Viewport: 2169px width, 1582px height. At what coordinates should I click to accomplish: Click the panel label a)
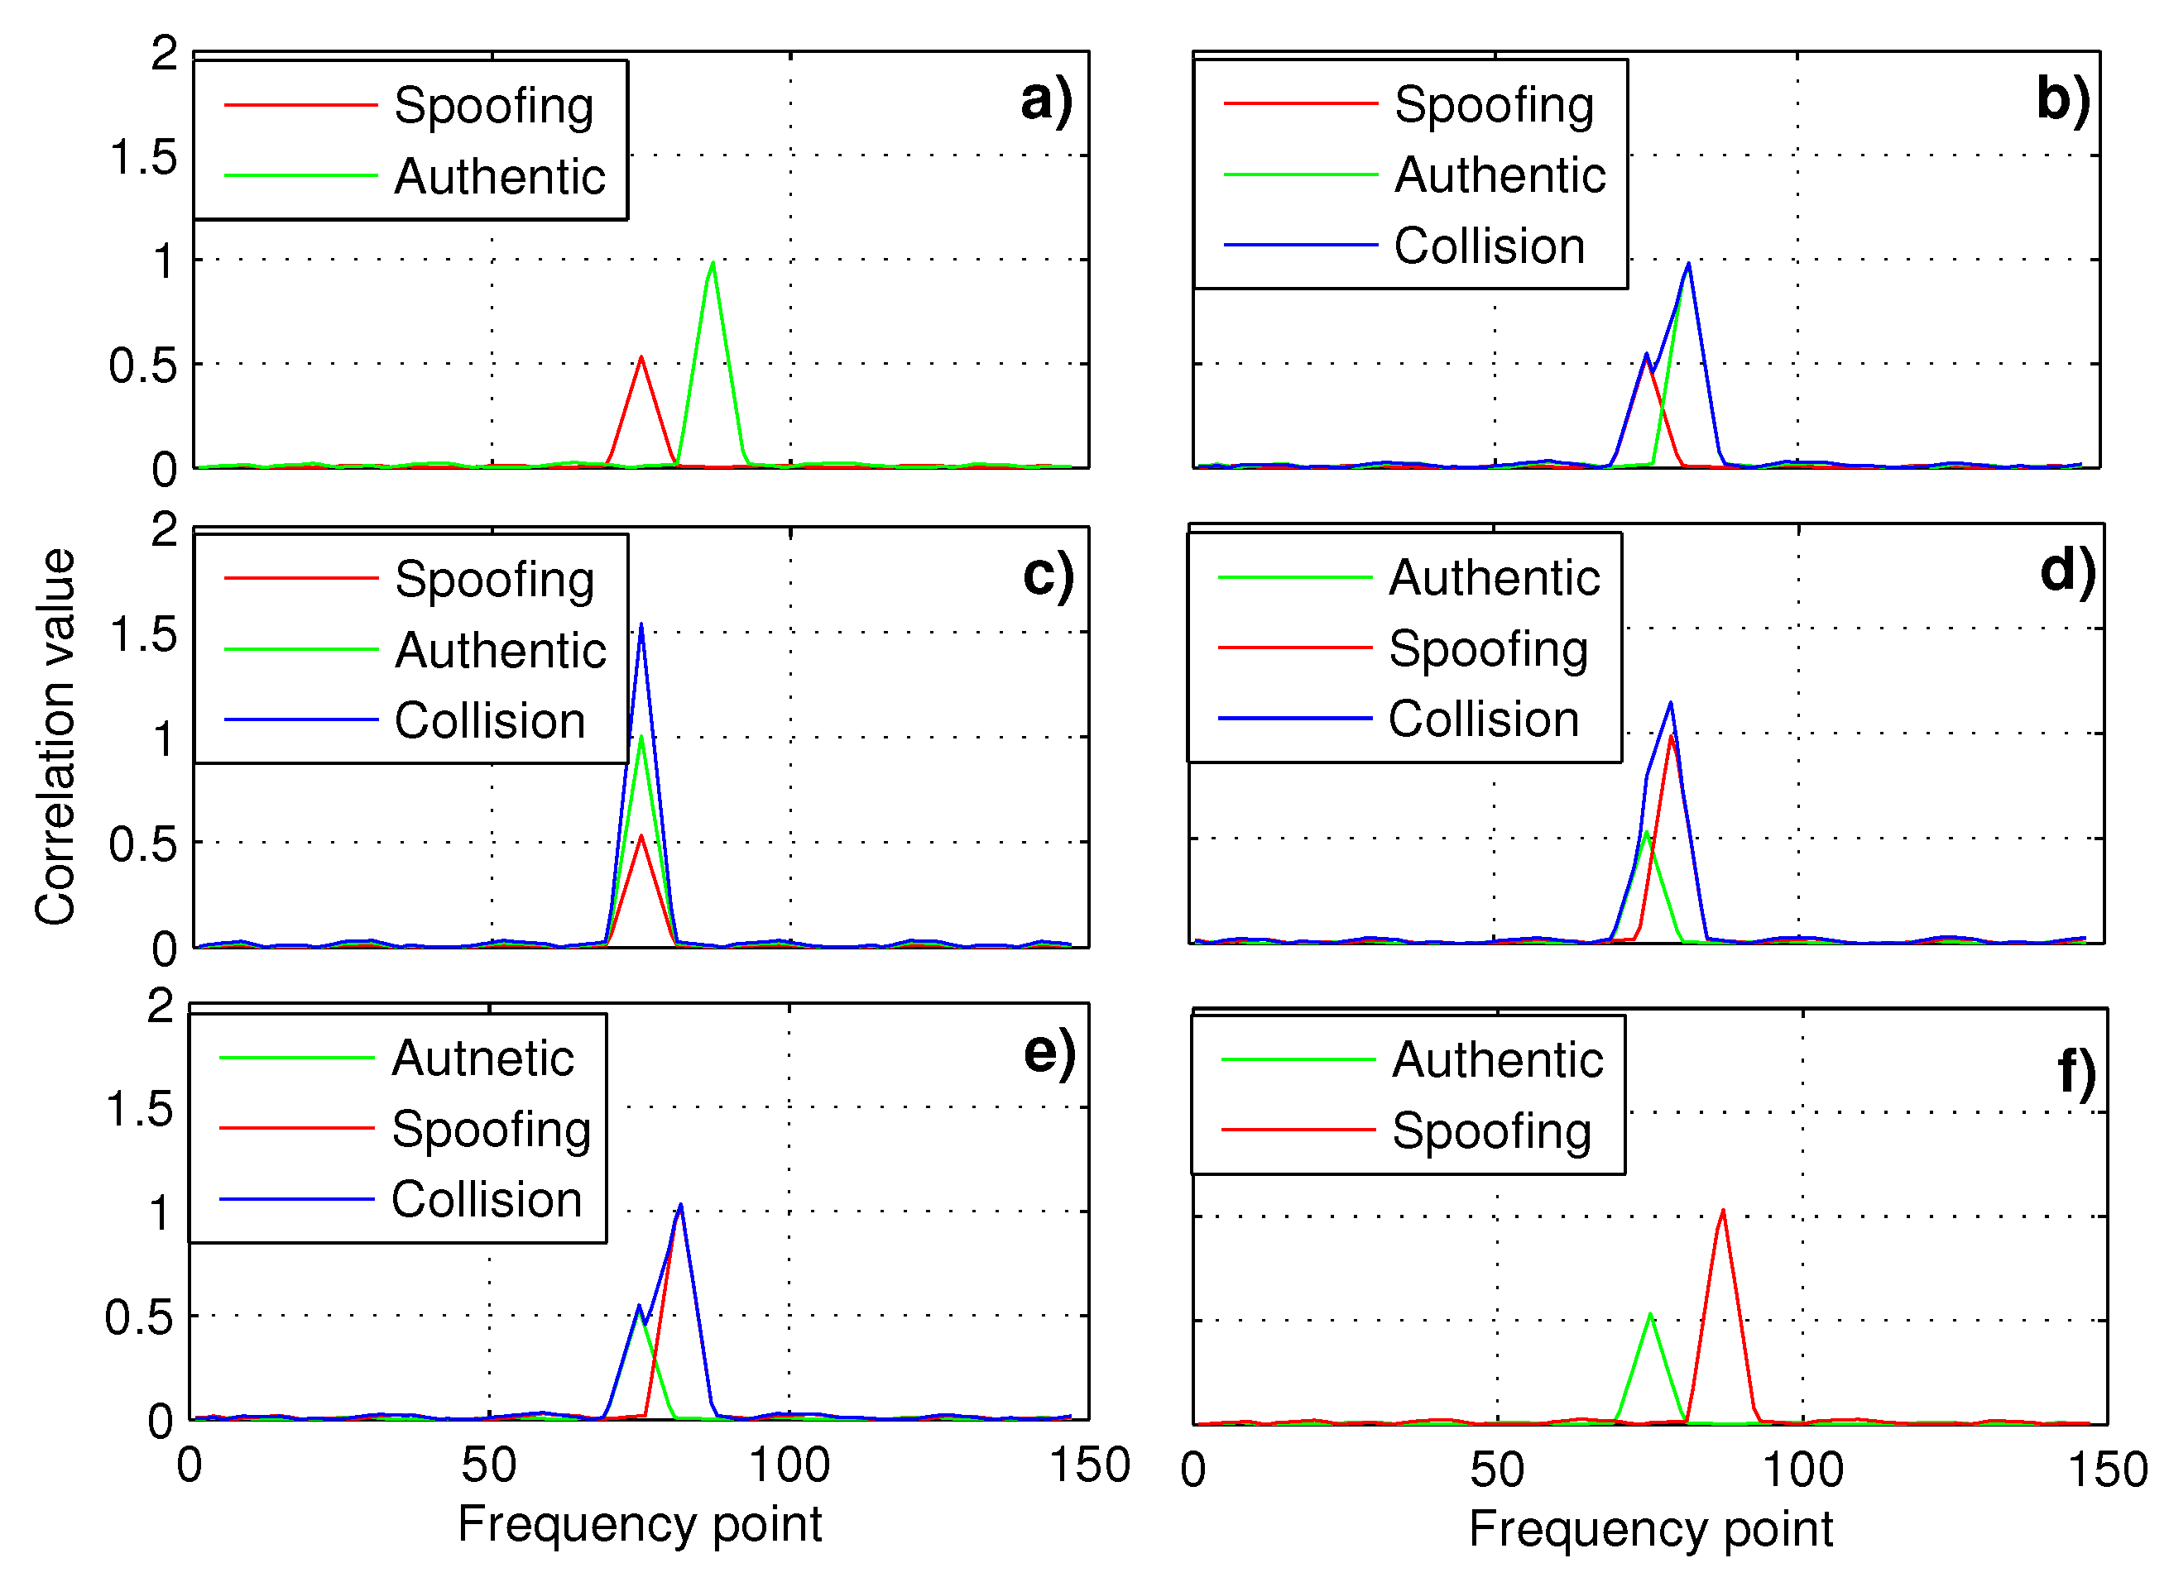click(x=1045, y=102)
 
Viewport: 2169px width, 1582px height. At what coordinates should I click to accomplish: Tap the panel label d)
click(x=2066, y=571)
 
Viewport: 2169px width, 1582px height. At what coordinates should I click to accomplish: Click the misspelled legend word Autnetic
click(x=482, y=1059)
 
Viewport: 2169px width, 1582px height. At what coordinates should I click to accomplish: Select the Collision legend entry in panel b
click(x=1489, y=246)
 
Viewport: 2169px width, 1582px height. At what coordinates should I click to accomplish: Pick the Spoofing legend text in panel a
click(x=493, y=105)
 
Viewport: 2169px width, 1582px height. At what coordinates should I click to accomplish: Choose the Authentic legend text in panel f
click(x=1497, y=1060)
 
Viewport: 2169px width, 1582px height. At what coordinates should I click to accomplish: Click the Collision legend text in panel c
click(x=490, y=720)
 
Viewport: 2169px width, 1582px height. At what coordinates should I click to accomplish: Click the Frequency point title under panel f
click(x=1650, y=1528)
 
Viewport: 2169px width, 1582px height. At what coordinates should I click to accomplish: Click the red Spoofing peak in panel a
click(x=641, y=358)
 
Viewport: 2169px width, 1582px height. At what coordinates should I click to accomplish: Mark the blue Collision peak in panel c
click(x=641, y=626)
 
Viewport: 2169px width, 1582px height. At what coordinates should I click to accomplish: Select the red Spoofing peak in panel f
click(x=1723, y=1212)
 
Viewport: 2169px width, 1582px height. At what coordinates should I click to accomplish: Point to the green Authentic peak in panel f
click(x=1650, y=1315)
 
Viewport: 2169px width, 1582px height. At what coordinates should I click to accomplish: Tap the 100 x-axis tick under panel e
click(x=789, y=1466)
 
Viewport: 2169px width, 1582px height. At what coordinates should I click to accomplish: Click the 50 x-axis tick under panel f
click(x=1496, y=1470)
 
